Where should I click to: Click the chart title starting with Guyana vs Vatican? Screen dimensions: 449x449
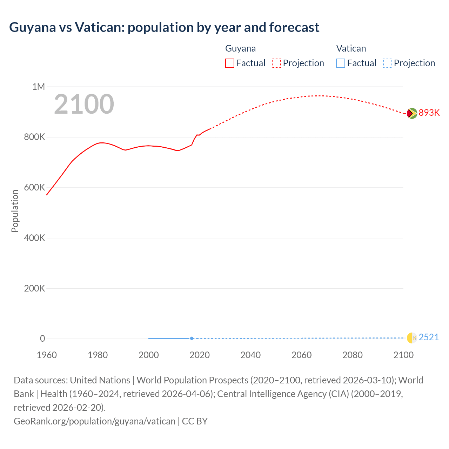pos(164,27)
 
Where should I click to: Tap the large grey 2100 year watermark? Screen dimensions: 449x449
pos(84,104)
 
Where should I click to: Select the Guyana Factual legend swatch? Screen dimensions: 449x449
pos(230,63)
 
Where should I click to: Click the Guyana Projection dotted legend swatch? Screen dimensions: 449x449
pos(276,63)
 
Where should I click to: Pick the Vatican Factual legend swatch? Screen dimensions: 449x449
pos(341,63)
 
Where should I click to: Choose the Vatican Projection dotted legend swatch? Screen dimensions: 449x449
pos(388,63)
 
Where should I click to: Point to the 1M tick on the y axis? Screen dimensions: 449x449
pos(39,87)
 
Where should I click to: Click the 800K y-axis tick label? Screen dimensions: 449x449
pos(34,137)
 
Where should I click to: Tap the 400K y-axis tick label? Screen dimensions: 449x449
pos(34,238)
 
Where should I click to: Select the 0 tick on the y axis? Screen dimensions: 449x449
pos(42,339)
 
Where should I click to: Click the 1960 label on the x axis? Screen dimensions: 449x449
pos(47,355)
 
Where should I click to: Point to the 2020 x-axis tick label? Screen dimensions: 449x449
pos(200,355)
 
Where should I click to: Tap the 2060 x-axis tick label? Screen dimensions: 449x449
pos(302,355)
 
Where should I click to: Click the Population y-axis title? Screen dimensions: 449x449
pos(15,211)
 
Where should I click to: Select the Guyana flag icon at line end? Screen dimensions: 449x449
pos(412,113)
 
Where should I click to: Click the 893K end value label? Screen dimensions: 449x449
pos(429,113)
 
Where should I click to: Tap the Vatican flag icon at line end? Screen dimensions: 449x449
pos(412,338)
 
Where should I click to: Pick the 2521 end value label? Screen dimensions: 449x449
pos(429,337)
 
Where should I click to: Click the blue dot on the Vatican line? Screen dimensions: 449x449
pos(192,338)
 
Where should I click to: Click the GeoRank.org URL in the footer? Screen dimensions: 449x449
pos(94,421)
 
